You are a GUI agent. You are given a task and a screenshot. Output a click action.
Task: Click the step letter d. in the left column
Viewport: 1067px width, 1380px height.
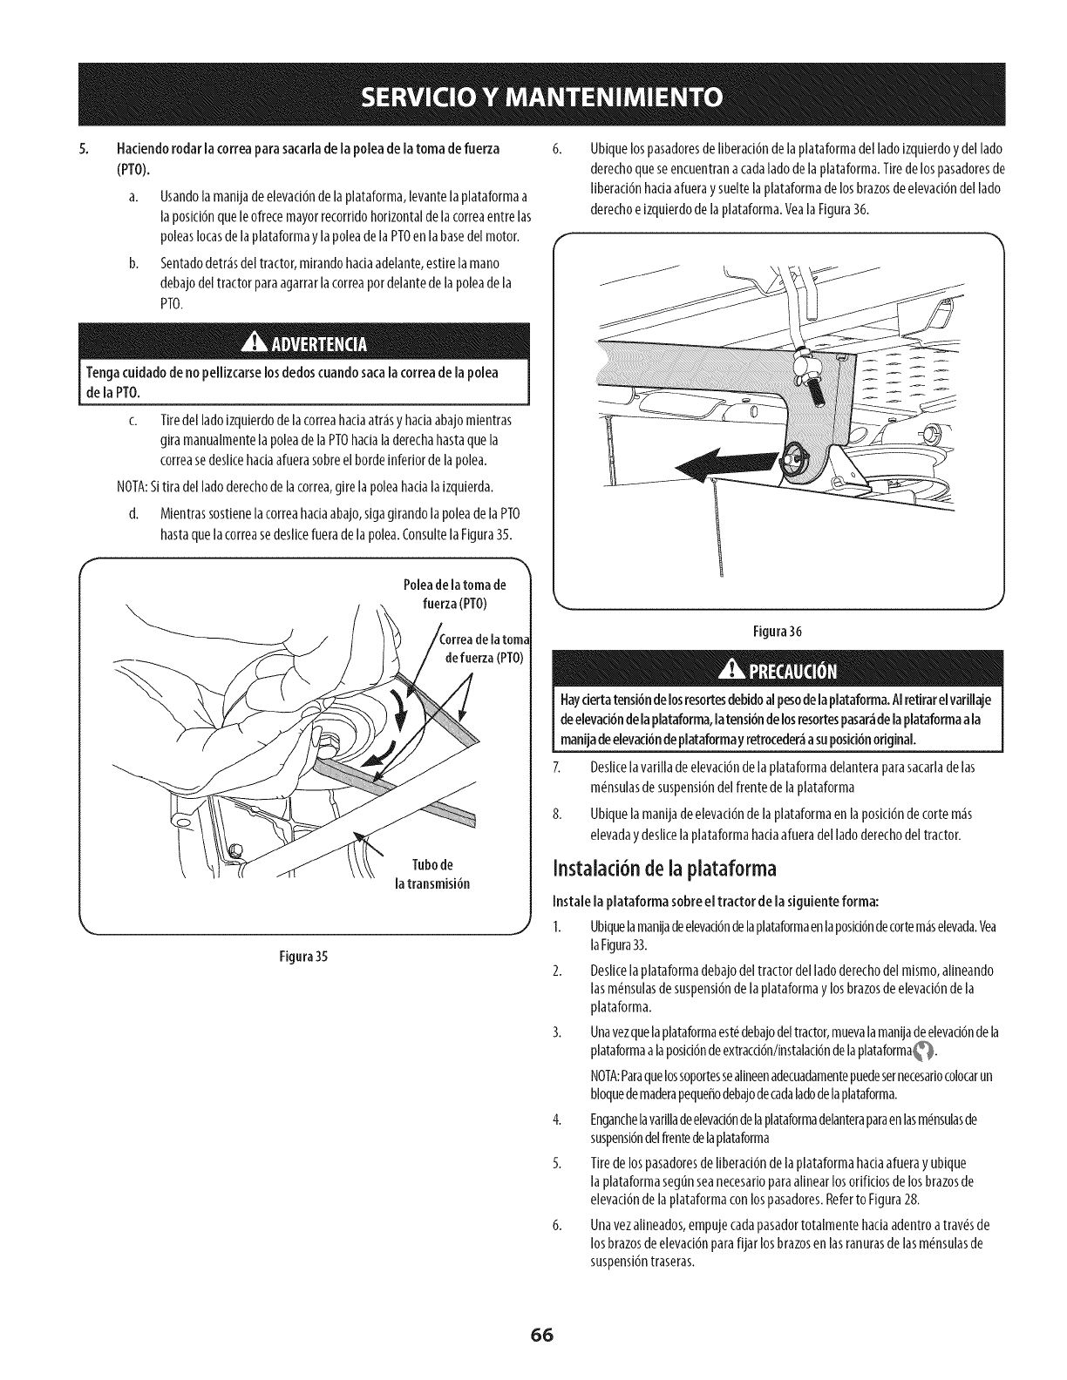pos(133,510)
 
